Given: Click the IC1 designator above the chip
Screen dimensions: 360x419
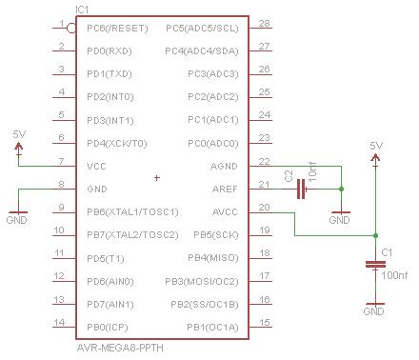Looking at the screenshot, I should (84, 9).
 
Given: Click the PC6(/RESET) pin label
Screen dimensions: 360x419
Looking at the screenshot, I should (117, 28).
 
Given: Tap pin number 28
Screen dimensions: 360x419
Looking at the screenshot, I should (264, 23).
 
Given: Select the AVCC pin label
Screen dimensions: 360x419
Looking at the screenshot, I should (224, 211).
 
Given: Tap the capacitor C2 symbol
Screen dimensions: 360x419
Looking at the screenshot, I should (302, 189).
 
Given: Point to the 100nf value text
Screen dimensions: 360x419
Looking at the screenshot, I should (393, 275).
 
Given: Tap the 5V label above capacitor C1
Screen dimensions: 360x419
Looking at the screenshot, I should (376, 145).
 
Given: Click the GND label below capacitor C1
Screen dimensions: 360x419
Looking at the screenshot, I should (374, 311).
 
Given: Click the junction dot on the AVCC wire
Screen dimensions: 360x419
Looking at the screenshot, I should (375, 234).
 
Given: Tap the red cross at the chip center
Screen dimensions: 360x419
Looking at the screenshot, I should (157, 177).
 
